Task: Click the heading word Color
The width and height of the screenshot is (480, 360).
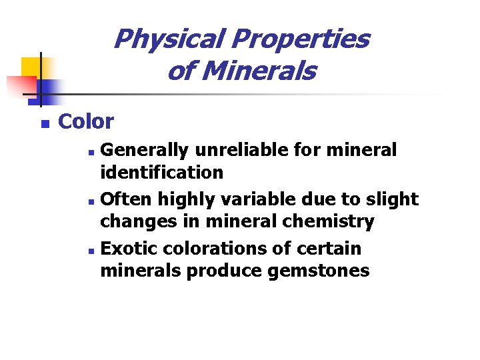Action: tap(86, 122)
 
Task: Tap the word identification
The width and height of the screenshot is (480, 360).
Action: tap(161, 173)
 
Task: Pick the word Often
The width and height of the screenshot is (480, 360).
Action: tap(124, 199)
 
